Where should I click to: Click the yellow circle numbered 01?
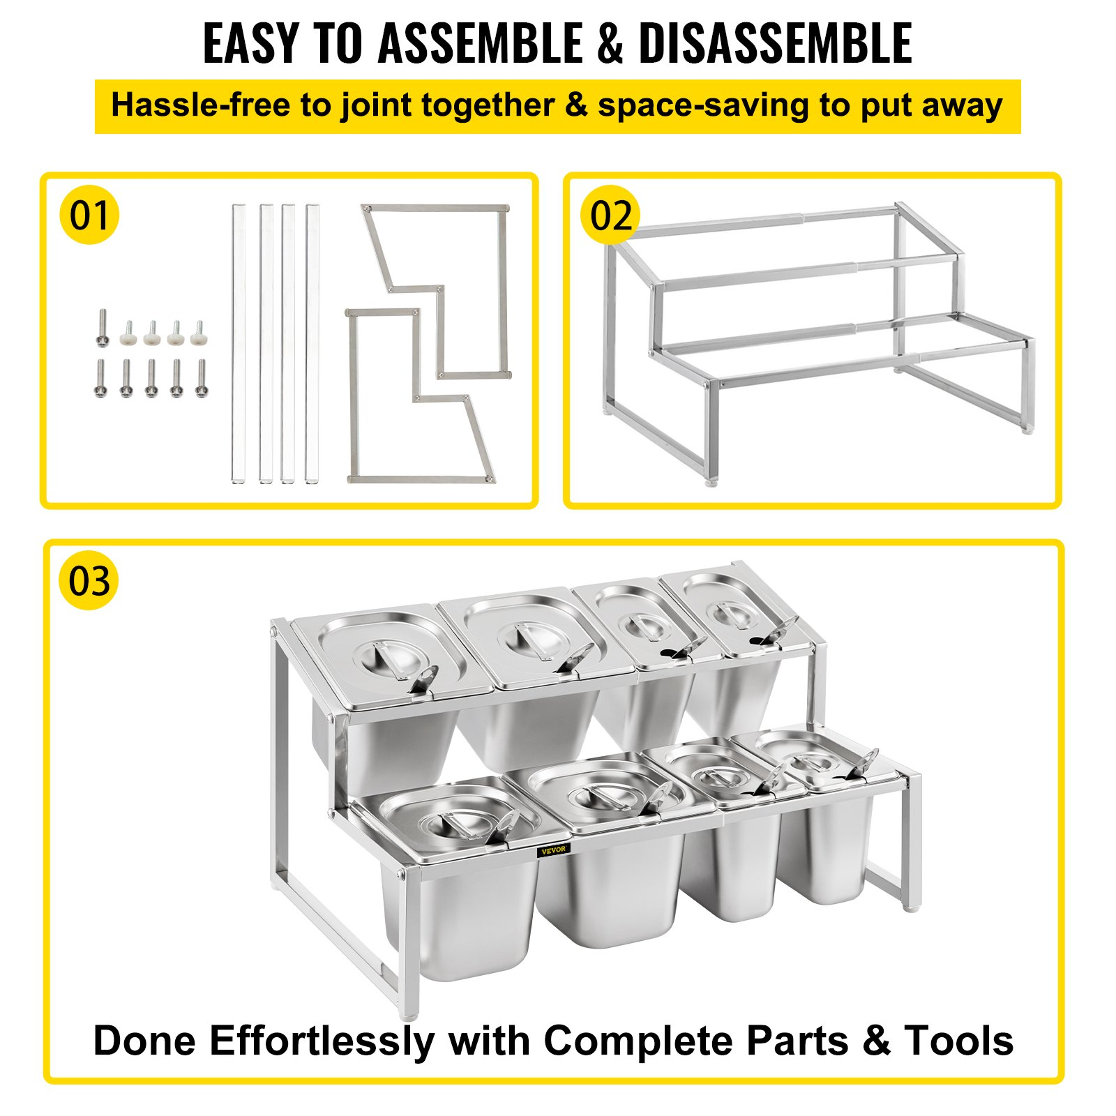[89, 215]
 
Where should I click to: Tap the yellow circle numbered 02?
[610, 215]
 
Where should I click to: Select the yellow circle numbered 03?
[89, 581]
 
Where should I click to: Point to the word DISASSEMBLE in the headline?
[776, 43]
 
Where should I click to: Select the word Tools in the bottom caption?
[959, 1041]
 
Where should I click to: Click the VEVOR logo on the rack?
[554, 850]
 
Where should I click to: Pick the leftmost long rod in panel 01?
[239, 343]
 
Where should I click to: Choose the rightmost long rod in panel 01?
[312, 343]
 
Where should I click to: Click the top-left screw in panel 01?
[103, 327]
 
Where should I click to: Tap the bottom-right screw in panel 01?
[202, 379]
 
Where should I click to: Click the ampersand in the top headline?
[610, 43]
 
